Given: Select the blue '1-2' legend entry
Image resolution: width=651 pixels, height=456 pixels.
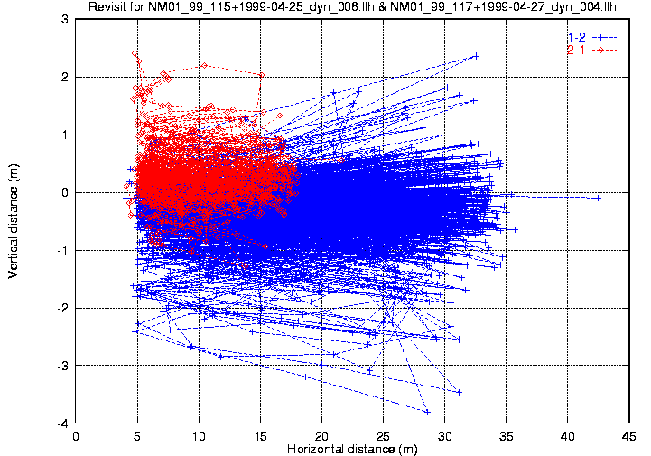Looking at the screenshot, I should [575, 36].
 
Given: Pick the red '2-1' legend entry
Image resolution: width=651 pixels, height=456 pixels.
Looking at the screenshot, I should [575, 50].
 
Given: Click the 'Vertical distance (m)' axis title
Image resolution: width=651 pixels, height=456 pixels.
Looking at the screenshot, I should [14, 220].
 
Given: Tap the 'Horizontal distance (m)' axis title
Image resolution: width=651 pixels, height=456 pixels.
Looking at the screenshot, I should [351, 449].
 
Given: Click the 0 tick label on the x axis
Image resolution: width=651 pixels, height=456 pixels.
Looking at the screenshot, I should [76, 435].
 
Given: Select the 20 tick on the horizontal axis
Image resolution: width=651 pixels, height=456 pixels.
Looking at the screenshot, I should [321, 435].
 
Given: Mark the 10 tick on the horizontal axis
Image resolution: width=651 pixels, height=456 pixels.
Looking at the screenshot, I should [199, 435].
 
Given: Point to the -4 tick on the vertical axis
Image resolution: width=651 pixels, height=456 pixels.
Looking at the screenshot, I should [62, 423].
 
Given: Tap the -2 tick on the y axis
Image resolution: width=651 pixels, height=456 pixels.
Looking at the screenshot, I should [62, 308].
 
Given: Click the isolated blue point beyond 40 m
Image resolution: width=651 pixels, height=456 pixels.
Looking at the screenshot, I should [598, 198].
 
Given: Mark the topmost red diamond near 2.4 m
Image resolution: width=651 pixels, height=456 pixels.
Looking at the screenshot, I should [135, 53].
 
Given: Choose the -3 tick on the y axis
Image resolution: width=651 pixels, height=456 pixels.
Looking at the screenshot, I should [62, 366].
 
